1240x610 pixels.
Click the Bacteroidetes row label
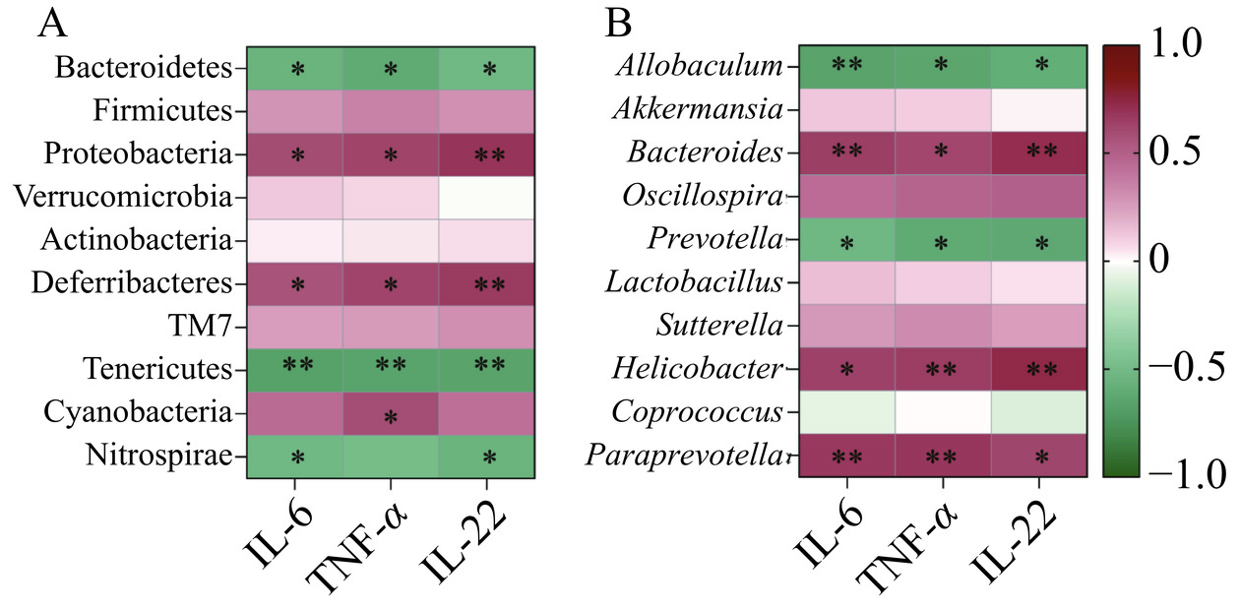pyautogui.click(x=142, y=68)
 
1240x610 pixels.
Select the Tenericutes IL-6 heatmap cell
pyautogui.click(x=294, y=368)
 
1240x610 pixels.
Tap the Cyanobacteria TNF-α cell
pyautogui.click(x=391, y=411)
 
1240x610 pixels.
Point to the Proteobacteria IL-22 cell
pyautogui.click(x=486, y=153)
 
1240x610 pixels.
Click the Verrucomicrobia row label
pyautogui.click(x=123, y=197)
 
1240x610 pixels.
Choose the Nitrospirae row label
pyautogui.click(x=158, y=455)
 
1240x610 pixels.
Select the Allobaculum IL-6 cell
pyautogui.click(x=845, y=67)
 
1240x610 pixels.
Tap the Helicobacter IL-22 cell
pyautogui.click(x=1038, y=368)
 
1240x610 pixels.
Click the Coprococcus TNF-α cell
pyautogui.click(x=942, y=411)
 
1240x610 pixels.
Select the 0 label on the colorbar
pyautogui.click(x=1161, y=262)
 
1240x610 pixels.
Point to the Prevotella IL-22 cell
pyautogui.click(x=1038, y=239)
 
